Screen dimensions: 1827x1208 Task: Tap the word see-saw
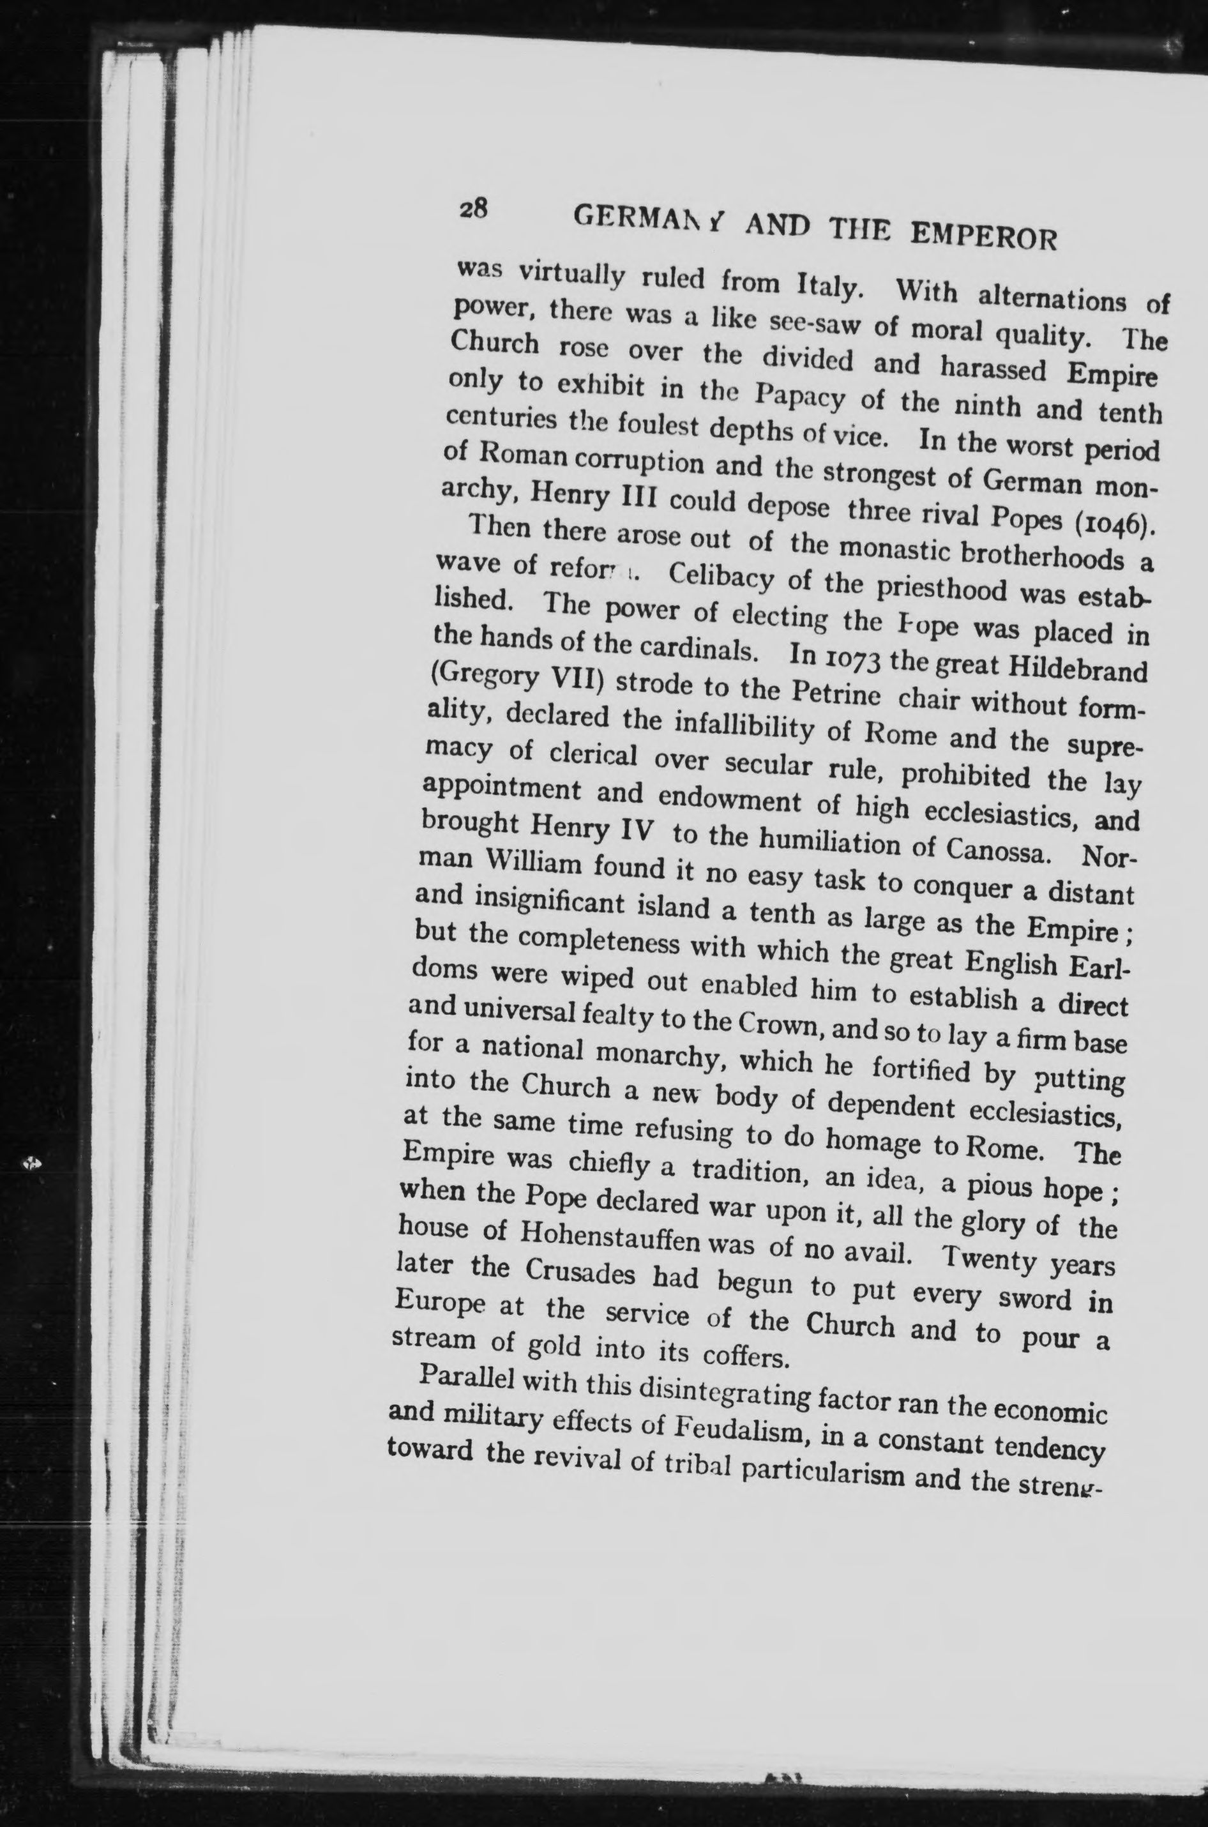pyautogui.click(x=815, y=328)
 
